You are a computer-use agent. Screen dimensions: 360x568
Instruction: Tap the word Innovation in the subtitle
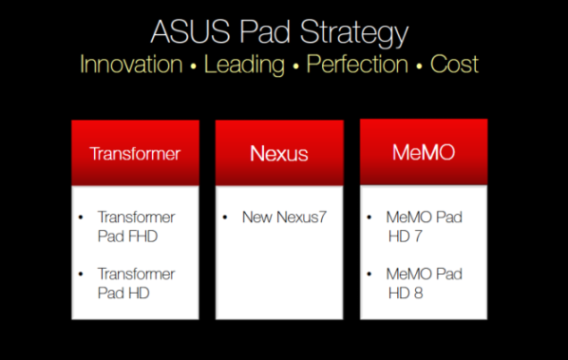[x=131, y=65]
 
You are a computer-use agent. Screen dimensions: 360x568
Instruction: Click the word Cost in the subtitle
[x=454, y=65]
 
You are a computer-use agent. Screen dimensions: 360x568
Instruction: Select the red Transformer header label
[x=135, y=153]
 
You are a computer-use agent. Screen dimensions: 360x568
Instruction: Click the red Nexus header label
[x=278, y=153]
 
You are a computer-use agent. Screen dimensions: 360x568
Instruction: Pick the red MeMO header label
[x=423, y=153]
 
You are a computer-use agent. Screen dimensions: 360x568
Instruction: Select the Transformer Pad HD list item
[x=135, y=282]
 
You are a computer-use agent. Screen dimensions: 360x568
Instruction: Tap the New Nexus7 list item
[x=284, y=218]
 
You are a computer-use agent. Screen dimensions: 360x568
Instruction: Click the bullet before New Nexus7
[x=225, y=218]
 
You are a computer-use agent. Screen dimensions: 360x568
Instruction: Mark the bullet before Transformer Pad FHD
[x=82, y=218]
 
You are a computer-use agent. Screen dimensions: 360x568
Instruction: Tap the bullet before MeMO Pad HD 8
[x=369, y=274]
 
